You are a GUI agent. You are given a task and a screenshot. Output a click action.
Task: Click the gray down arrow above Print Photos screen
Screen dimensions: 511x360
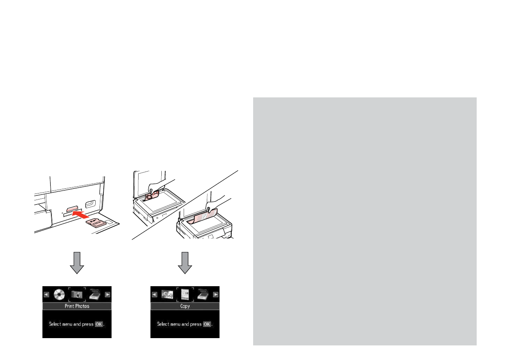(77, 263)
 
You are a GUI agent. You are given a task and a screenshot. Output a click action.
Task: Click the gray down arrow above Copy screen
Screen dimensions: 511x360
(185, 263)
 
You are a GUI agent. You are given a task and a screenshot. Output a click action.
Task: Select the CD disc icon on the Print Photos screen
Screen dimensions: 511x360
(59, 295)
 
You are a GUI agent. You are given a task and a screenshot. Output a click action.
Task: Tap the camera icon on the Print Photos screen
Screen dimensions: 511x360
(77, 295)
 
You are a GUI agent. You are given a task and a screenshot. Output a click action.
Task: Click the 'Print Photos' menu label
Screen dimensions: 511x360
(77, 306)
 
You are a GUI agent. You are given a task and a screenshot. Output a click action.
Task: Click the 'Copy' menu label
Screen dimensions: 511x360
(185, 306)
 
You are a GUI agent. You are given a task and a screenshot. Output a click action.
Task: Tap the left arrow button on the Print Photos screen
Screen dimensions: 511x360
(46, 295)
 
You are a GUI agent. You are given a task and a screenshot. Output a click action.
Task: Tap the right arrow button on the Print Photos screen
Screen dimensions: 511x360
(108, 295)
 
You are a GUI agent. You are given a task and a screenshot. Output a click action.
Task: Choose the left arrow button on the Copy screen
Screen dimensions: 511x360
(154, 295)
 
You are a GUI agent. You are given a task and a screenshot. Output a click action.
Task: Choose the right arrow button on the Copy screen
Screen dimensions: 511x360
(216, 295)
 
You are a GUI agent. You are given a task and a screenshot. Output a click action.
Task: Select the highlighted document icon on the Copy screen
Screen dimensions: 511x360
(185, 295)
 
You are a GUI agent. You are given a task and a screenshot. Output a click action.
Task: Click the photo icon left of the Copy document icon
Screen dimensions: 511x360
(167, 295)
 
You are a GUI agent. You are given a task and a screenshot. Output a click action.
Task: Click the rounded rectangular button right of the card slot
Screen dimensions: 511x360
(91, 203)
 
